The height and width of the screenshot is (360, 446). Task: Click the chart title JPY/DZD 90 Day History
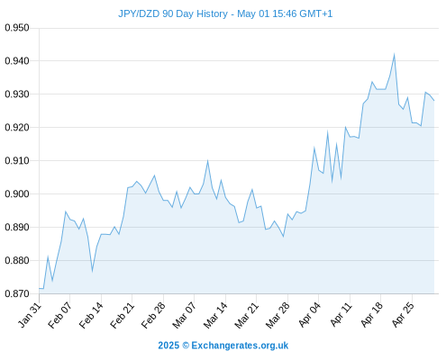[x=173, y=13]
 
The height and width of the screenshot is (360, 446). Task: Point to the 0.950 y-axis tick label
[x=17, y=28]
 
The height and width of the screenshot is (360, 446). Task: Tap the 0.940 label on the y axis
[x=17, y=61]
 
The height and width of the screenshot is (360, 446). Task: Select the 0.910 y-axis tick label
[x=17, y=161]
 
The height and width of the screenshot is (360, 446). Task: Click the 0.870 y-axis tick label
[x=17, y=293]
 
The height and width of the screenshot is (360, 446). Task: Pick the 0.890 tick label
[x=17, y=227]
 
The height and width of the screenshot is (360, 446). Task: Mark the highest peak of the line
[x=394, y=55]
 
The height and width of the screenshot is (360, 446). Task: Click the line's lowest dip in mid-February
[x=92, y=271]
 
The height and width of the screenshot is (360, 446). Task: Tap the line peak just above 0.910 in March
[x=207, y=161]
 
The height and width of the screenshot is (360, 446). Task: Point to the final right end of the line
[x=434, y=101]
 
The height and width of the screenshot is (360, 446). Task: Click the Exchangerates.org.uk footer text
[x=240, y=346]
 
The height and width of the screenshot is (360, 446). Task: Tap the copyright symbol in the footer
[x=186, y=346]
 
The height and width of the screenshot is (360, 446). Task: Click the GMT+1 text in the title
[x=315, y=13]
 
